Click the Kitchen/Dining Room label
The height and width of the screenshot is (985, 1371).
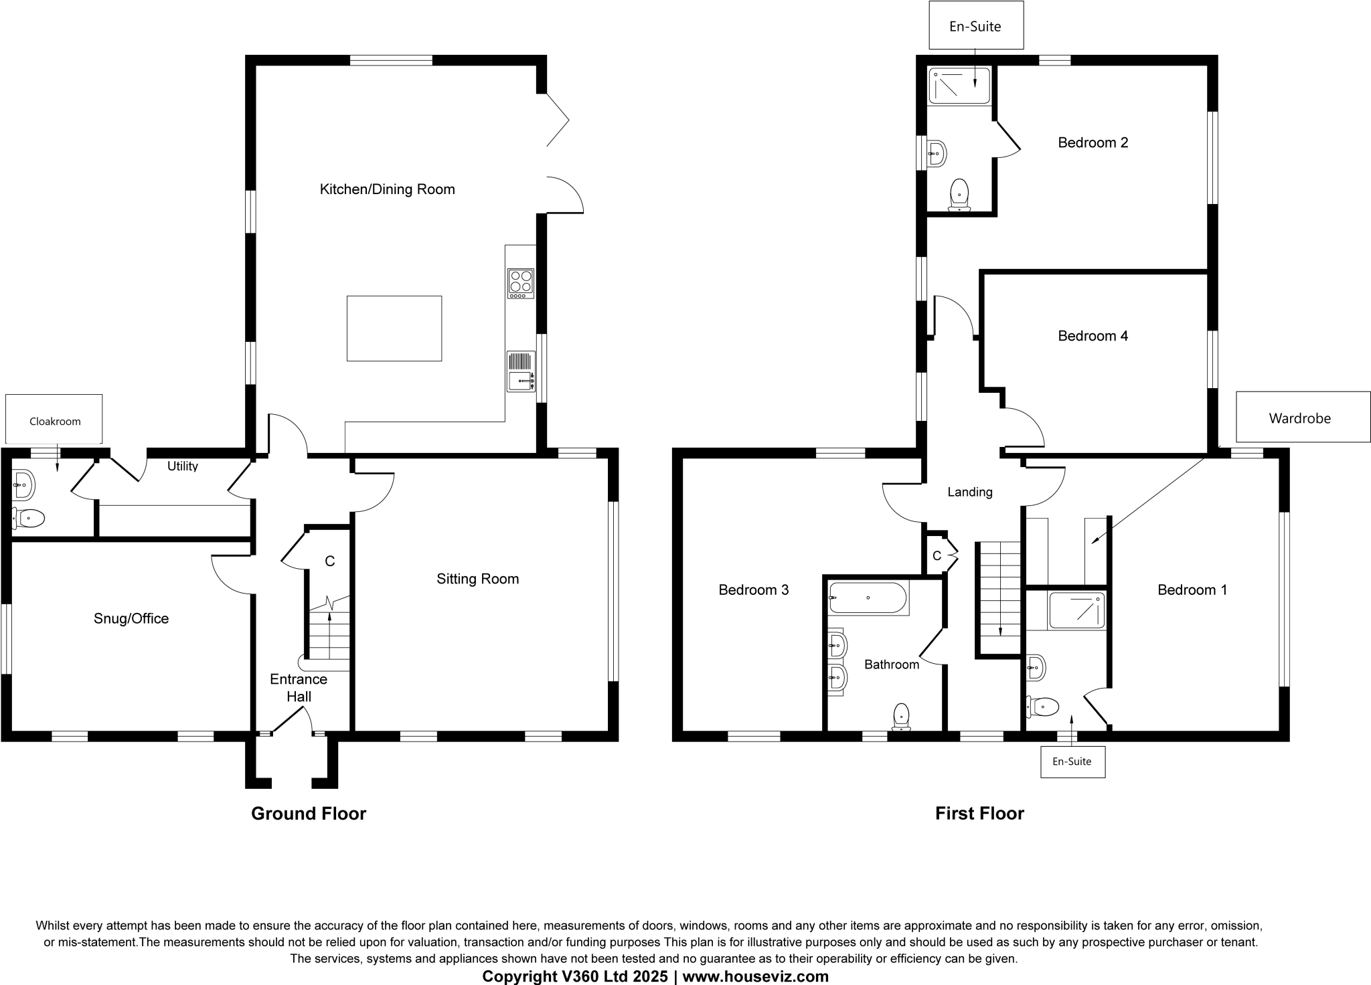point(387,189)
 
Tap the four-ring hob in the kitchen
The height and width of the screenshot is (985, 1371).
point(520,283)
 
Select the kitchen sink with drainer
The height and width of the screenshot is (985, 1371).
point(521,372)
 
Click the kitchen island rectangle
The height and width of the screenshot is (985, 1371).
point(394,328)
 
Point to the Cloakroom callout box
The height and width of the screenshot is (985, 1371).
point(54,420)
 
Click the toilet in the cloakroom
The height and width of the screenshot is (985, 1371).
point(29,518)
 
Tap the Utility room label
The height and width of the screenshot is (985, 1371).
point(183,466)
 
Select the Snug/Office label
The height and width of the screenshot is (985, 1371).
point(131,618)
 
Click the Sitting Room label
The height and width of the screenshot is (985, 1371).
point(477,579)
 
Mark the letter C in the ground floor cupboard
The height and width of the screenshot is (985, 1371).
point(329,561)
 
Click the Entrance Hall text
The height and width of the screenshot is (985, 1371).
point(299,688)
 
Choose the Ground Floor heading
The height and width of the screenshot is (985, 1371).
point(309,814)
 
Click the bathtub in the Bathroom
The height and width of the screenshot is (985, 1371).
point(868,598)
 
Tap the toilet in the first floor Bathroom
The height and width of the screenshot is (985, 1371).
point(902,717)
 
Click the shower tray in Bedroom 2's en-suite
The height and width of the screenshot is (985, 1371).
point(959,86)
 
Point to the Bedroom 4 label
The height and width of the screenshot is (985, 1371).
point(1093,336)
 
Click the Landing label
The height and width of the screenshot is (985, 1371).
point(970,492)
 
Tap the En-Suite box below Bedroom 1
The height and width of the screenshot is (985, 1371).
point(1072,762)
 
